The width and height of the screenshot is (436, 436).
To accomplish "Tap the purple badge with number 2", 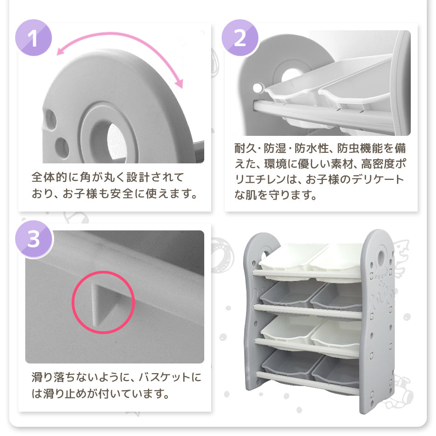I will coord(240,38).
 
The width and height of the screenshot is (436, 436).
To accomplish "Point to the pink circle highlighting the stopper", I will coord(103,302).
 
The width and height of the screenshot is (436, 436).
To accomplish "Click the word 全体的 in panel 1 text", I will coord(52,177).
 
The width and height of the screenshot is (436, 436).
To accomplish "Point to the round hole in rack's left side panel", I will coord(265,253).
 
